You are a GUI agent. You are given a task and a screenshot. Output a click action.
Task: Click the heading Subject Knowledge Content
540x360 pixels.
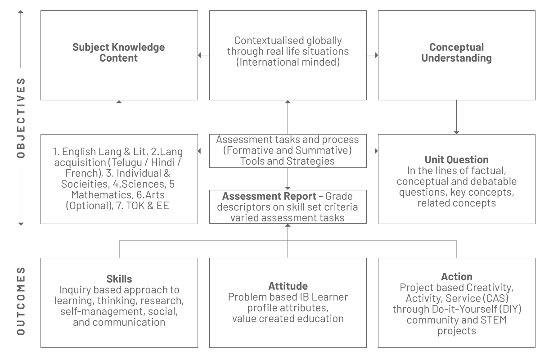coord(119,53)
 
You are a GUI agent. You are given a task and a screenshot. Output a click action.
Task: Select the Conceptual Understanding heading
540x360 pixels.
coord(456,53)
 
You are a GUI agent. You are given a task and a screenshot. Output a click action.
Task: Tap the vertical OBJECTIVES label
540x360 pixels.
coord(21,118)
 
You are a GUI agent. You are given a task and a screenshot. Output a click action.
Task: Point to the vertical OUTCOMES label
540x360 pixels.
coord(21,301)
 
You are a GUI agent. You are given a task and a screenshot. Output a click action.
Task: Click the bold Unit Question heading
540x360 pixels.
coord(456,160)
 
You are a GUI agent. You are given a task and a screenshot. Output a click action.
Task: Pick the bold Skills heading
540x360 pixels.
coord(119,279)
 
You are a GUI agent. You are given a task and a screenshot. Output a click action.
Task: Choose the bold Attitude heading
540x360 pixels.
coord(288,286)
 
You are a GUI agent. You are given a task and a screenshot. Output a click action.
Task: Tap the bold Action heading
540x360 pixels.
coord(457,277)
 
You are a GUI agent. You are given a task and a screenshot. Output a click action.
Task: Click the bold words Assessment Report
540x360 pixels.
coord(269,196)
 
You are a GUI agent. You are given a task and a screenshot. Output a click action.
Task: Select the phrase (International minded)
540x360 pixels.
coord(288,62)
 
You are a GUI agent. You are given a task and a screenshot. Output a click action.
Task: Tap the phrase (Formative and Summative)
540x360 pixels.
coord(288,150)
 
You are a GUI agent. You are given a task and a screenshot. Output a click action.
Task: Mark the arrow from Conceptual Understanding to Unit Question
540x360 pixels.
coord(456,117)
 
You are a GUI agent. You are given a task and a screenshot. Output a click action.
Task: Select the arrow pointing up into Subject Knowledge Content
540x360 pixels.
coord(119,117)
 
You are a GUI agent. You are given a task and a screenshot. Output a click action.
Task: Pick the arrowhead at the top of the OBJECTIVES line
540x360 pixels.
coord(21,12)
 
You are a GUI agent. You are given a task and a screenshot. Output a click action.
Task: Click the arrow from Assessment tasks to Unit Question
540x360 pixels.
coord(372,151)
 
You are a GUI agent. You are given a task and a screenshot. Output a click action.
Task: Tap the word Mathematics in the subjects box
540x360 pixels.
coord(101,195)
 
